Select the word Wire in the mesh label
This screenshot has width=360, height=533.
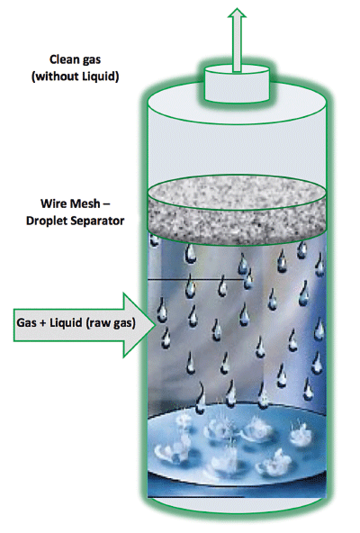(53, 203)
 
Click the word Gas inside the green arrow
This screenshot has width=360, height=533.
(26, 322)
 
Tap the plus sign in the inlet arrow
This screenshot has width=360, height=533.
(43, 323)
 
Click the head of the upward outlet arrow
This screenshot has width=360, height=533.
(237, 13)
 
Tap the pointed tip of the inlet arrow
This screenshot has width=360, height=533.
(156, 325)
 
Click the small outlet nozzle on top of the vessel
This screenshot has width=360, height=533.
(237, 84)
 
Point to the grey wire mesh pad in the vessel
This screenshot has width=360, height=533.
(237, 210)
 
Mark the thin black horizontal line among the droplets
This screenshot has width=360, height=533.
(196, 280)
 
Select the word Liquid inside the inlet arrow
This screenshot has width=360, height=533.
(66, 322)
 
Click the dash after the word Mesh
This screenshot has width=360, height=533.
(106, 204)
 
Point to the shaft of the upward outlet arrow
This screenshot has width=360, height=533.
(237, 44)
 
